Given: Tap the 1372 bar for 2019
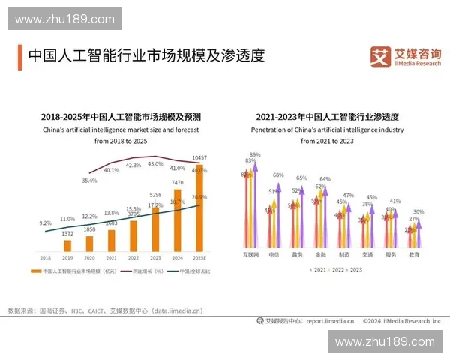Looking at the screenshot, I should click(x=67, y=244).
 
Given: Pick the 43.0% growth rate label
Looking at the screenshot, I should click(x=155, y=163).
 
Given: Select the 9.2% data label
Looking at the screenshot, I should click(x=45, y=223).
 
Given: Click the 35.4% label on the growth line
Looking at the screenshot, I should click(x=89, y=180).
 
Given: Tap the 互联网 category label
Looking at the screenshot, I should click(x=250, y=255).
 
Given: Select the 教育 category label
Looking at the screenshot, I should click(x=413, y=255).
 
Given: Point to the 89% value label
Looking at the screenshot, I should click(x=255, y=154).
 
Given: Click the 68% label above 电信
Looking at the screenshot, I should click(x=278, y=175).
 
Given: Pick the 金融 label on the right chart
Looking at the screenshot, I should click(x=320, y=255).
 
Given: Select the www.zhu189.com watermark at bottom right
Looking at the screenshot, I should click(x=385, y=341).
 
